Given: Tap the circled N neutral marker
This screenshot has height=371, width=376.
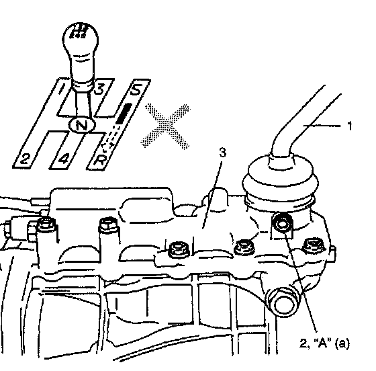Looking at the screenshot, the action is pyautogui.click(x=82, y=125).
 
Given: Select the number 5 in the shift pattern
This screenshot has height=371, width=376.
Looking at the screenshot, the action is pyautogui.click(x=136, y=89).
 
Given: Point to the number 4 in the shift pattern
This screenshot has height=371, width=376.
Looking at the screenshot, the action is pyautogui.click(x=64, y=159).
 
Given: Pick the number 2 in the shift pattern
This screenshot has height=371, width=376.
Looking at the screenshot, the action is pyautogui.click(x=26, y=159).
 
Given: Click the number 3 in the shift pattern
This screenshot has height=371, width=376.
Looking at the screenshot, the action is pyautogui.click(x=99, y=88).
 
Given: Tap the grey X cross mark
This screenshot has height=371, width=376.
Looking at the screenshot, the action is pyautogui.click(x=165, y=126).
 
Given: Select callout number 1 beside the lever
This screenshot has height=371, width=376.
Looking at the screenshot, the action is pyautogui.click(x=350, y=126).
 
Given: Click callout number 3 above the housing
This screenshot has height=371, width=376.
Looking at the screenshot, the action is pyautogui.click(x=223, y=153).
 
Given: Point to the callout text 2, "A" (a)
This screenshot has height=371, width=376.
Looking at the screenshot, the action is pyautogui.click(x=325, y=343).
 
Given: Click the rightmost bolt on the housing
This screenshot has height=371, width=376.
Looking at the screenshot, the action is pyautogui.click(x=314, y=246).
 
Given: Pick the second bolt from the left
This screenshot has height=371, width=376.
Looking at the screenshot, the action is pyautogui.click(x=108, y=225).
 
